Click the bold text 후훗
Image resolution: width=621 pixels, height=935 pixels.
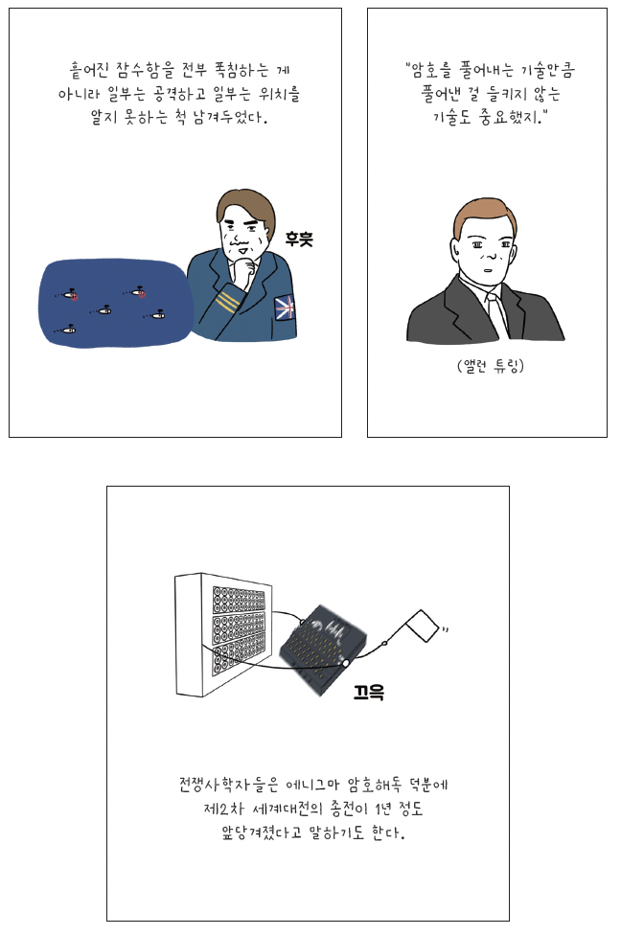(x=298, y=239)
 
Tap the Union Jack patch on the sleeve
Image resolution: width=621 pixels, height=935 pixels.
(x=285, y=308)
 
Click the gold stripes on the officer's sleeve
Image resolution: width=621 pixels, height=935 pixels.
(x=227, y=301)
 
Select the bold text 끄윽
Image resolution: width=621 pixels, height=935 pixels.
(x=369, y=693)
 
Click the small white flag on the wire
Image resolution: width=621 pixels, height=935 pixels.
(x=425, y=626)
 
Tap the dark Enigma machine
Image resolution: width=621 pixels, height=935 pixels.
(x=323, y=650)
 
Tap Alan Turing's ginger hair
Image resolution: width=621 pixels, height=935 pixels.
(x=484, y=216)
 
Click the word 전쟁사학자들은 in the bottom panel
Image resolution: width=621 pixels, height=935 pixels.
(x=228, y=785)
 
